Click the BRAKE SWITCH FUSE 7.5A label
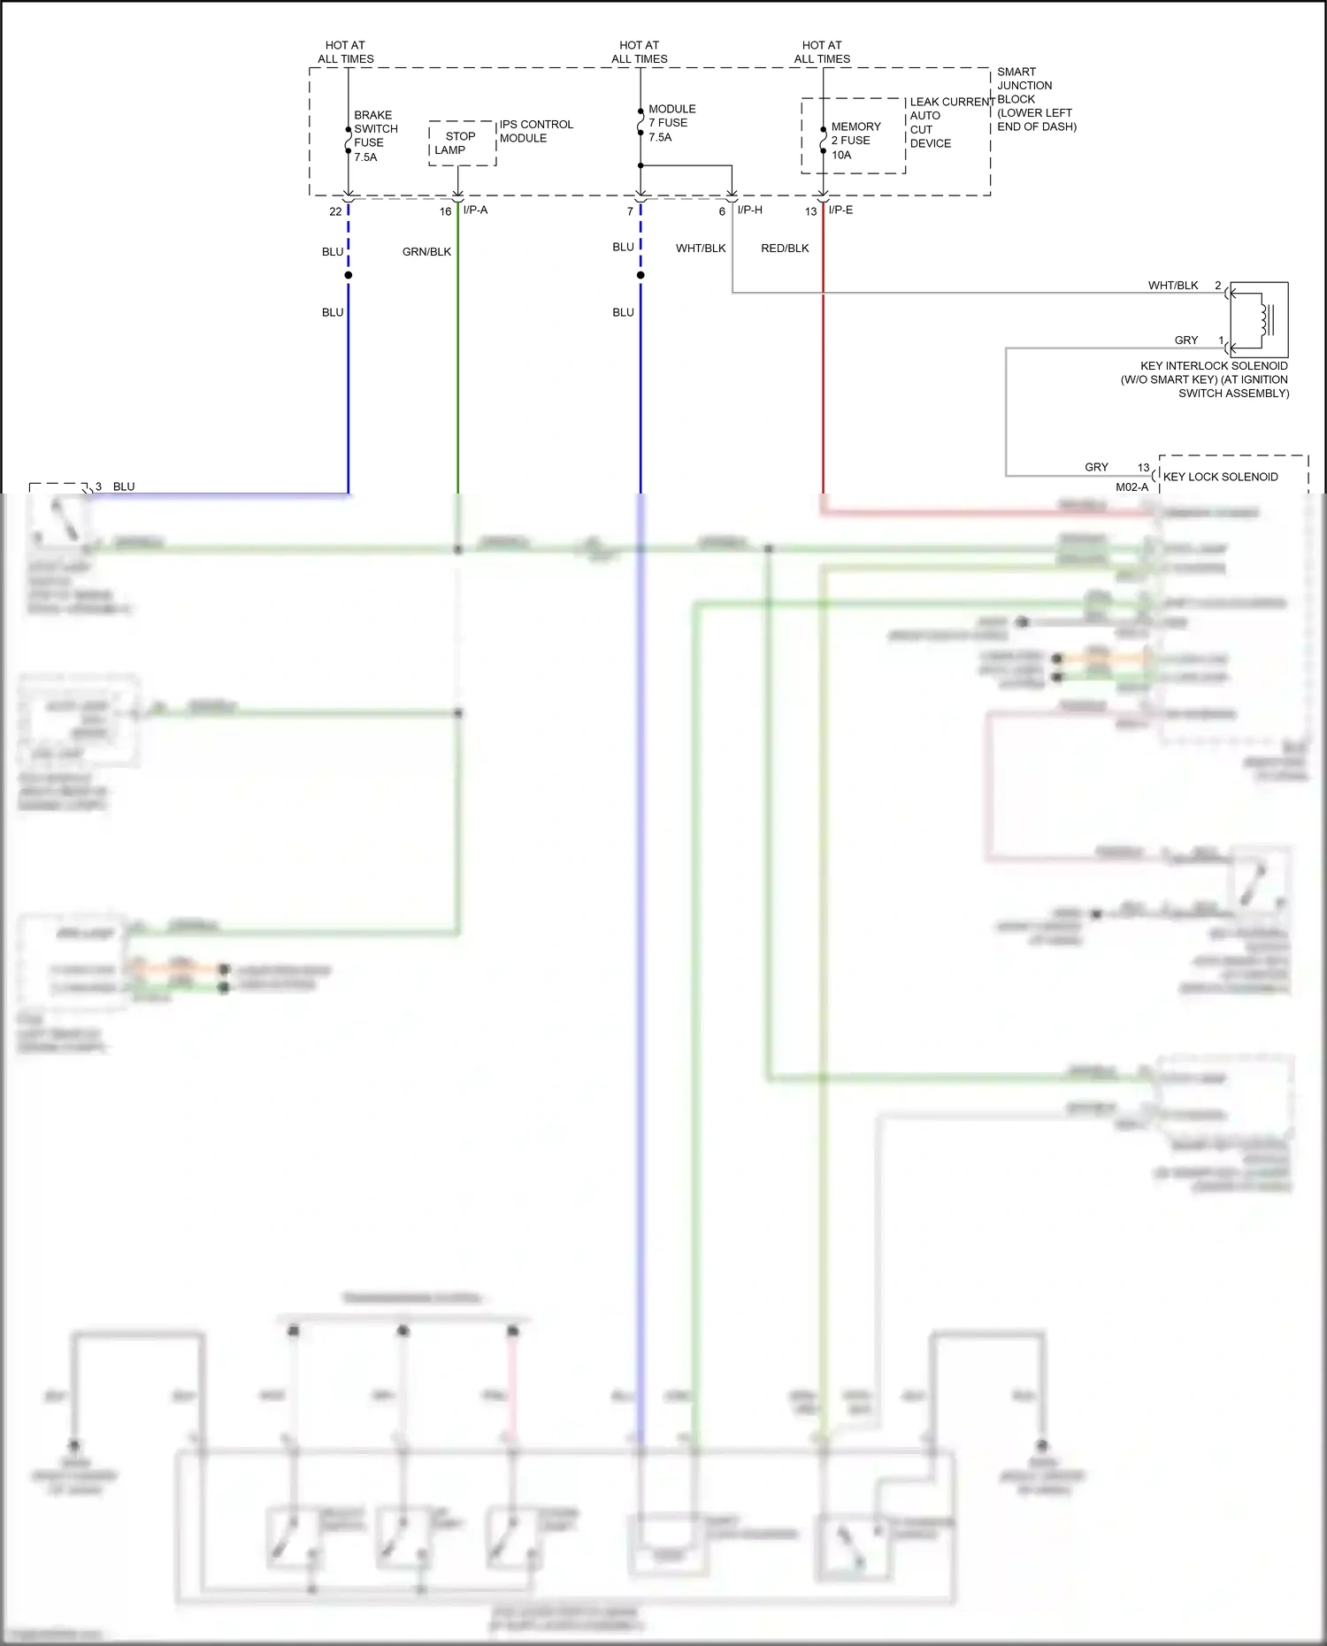375,136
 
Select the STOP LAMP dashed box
462,143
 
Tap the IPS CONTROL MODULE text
536,131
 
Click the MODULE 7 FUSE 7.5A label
671,123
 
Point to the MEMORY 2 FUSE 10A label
855,141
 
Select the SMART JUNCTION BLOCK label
1035,99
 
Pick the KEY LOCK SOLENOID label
1220,477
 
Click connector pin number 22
335,211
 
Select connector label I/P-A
475,210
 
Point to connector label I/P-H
749,210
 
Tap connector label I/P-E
840,210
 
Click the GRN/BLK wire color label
426,252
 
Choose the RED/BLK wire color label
785,249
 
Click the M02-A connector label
1131,487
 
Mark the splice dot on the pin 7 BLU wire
640,275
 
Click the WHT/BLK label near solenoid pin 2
1172,285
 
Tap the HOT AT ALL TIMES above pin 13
822,52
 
